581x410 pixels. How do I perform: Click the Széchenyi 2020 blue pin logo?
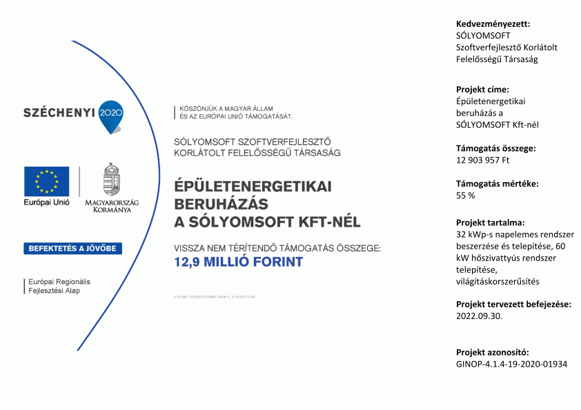pyautogui.click(x=110, y=114)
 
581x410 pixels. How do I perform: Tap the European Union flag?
pyautogui.click(x=46, y=181)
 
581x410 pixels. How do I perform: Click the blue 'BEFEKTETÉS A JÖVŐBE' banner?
pyautogui.click(x=73, y=248)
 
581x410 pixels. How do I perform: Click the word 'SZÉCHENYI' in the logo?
pyautogui.click(x=59, y=112)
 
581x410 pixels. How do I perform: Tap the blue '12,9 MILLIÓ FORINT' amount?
pyautogui.click(x=238, y=262)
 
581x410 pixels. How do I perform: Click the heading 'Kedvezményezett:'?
pyautogui.click(x=488, y=24)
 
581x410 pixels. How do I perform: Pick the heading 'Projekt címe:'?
pyautogui.click(x=482, y=90)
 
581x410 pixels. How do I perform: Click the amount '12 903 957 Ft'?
pyautogui.click(x=482, y=160)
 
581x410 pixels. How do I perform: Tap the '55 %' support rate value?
pyautogui.click(x=466, y=196)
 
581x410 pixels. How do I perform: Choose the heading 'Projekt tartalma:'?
pyautogui.click(x=490, y=223)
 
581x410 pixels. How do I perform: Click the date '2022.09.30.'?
pyautogui.click(x=480, y=316)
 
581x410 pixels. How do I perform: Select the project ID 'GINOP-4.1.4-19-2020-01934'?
pyautogui.click(x=511, y=363)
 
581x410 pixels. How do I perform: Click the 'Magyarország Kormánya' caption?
pyautogui.click(x=111, y=205)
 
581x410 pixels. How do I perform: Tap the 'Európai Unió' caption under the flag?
pyautogui.click(x=46, y=204)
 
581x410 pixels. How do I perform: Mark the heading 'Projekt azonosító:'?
pyautogui.click(x=492, y=352)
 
